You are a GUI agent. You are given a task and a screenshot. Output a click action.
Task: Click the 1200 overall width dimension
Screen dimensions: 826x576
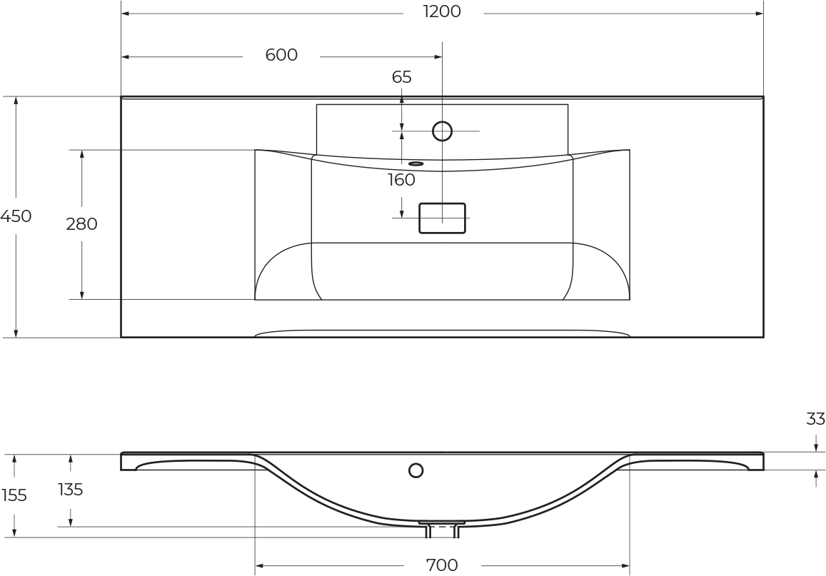pos(442,11)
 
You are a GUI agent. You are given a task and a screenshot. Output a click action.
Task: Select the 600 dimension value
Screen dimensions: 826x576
pos(281,55)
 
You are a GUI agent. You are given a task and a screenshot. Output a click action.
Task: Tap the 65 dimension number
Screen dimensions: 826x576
pos(401,77)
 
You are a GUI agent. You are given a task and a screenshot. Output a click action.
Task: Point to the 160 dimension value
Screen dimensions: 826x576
pos(401,180)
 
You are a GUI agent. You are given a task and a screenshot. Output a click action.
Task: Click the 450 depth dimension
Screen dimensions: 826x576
pos(16,216)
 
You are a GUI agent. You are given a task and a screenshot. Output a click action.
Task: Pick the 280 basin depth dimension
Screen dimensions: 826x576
pos(81,224)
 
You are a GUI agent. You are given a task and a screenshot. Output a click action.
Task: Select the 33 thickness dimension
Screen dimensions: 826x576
pos(815,419)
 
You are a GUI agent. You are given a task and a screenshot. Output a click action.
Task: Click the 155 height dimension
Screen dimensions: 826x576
pos(14,495)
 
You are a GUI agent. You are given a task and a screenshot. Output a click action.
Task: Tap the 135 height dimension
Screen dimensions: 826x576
pos(71,490)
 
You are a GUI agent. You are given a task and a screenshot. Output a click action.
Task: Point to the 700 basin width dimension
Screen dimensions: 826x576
pos(442,565)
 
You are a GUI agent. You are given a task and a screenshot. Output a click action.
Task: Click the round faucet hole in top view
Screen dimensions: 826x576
pos(443,131)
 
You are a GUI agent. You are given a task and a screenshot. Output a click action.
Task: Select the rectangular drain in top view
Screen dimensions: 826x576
pos(442,218)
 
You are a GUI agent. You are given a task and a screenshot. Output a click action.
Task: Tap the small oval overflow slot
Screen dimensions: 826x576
pos(416,163)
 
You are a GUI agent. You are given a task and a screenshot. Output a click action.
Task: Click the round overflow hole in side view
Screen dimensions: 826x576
pos(416,470)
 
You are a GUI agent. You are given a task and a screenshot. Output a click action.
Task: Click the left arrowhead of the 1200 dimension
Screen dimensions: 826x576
pos(126,13)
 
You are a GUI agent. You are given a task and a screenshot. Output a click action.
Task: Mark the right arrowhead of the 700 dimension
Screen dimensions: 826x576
pos(626,566)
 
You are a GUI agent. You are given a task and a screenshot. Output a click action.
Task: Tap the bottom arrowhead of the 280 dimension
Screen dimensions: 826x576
pos(81,295)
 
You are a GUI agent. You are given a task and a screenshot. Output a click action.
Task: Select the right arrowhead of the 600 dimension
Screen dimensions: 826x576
pos(438,56)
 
